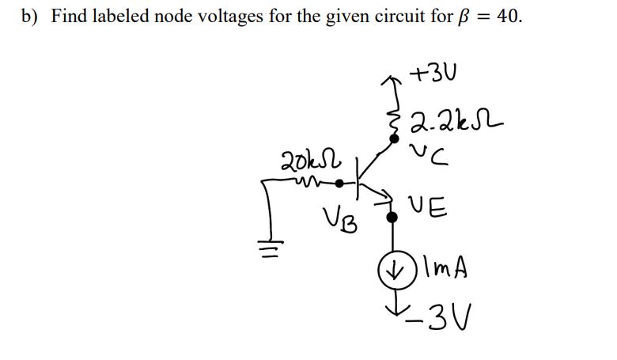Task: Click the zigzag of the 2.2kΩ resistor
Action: pyautogui.click(x=390, y=115)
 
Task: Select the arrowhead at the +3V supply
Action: pyautogui.click(x=388, y=78)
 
